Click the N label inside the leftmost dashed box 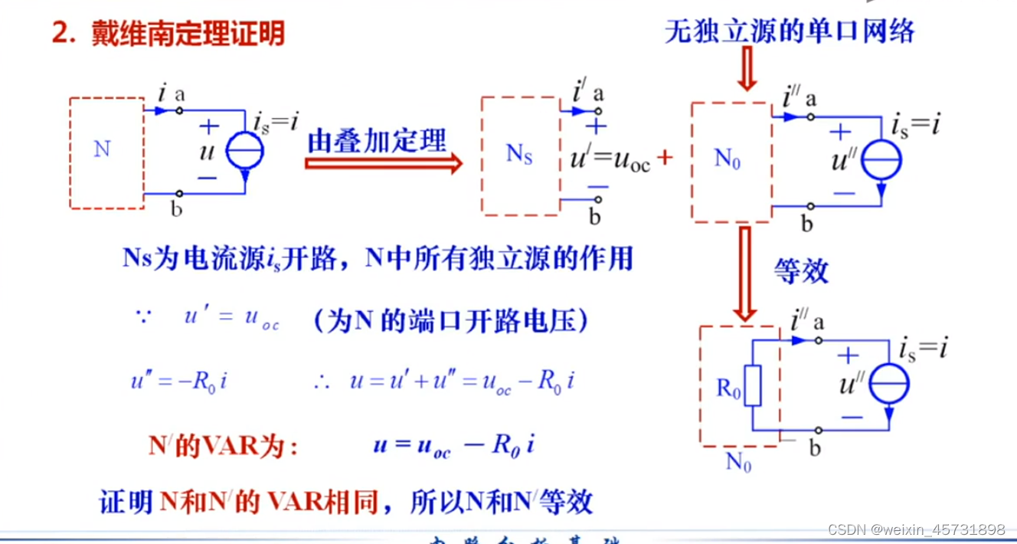click(102, 149)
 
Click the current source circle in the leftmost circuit click(245, 151)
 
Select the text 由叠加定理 click(376, 140)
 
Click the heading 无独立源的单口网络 click(790, 31)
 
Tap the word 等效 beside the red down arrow click(800, 270)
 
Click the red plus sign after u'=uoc click(665, 158)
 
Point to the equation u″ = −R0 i click(178, 381)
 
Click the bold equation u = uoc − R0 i click(453, 445)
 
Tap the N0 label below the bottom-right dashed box click(738, 463)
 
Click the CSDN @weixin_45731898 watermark click(915, 529)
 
